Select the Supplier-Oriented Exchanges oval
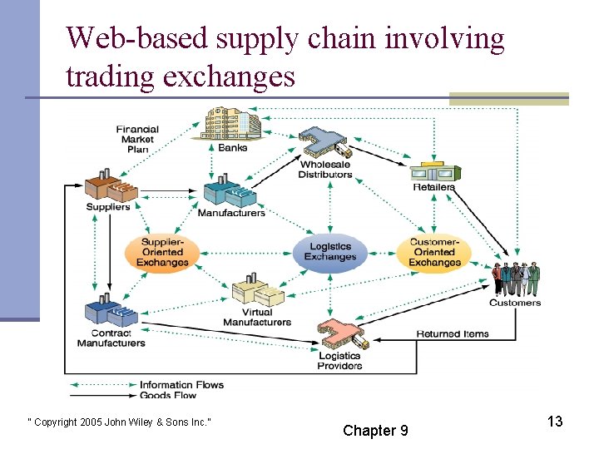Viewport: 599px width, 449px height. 162,252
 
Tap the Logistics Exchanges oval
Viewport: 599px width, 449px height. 329,251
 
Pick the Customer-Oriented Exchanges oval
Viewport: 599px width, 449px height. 434,252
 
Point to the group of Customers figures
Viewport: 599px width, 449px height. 516,279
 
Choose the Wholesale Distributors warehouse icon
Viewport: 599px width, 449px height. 325,143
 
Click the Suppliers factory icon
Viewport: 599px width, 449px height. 111,188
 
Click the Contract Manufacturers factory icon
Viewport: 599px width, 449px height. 111,311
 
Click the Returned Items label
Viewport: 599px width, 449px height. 453,334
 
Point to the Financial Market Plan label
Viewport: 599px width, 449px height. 137,139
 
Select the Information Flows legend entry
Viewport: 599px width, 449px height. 181,385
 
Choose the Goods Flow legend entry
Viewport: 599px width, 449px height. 168,396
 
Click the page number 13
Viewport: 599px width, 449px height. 555,422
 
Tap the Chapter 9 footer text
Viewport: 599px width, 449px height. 375,430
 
